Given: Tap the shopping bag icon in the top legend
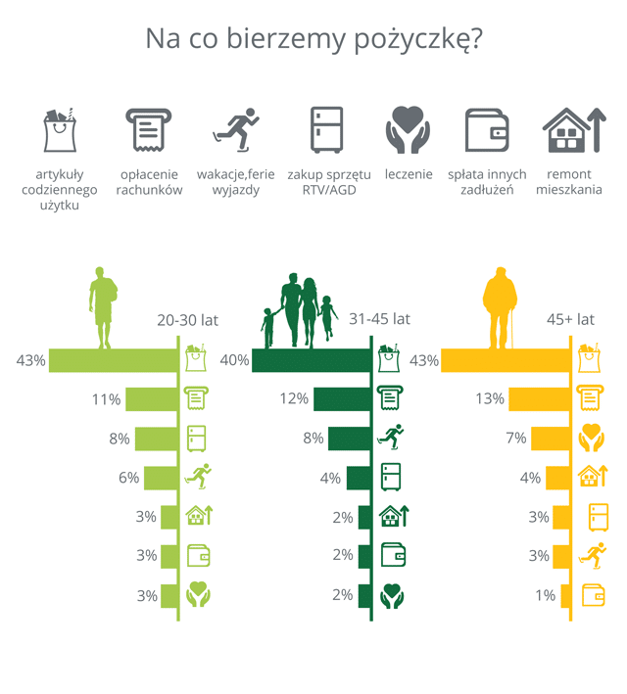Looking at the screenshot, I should click(61, 129).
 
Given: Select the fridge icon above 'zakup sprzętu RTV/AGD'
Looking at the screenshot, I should click(327, 129).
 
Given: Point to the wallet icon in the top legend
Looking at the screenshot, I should click(487, 130).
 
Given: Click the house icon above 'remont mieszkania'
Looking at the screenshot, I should click(568, 130).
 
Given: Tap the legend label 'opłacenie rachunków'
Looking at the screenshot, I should click(149, 182).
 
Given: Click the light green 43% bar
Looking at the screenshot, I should click(112, 360).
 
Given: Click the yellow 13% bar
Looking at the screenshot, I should click(540, 398).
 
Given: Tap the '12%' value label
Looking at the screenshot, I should click(295, 399).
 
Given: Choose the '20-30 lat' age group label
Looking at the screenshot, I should click(188, 320).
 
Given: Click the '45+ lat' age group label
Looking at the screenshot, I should click(570, 320).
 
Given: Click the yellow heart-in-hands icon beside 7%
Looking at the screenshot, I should click(591, 438).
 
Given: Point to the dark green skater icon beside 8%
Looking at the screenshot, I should click(392, 438).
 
